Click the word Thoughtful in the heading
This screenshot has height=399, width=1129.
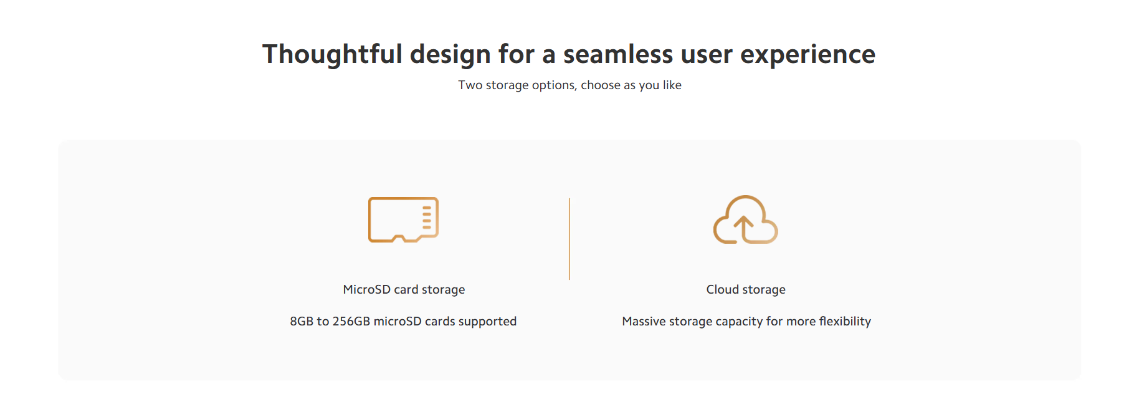332,55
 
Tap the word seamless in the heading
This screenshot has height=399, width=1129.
618,55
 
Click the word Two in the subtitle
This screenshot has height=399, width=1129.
470,85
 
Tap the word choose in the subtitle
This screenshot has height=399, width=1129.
601,85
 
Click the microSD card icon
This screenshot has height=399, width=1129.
403,219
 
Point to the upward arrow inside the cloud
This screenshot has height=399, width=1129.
743,228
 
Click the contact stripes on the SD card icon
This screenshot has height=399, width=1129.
427,216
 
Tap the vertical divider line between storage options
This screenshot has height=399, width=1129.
569,239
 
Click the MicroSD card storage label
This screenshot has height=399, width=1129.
404,290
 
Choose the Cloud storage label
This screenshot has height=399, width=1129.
746,290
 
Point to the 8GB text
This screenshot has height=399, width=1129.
302,322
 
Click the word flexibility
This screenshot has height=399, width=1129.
845,322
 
